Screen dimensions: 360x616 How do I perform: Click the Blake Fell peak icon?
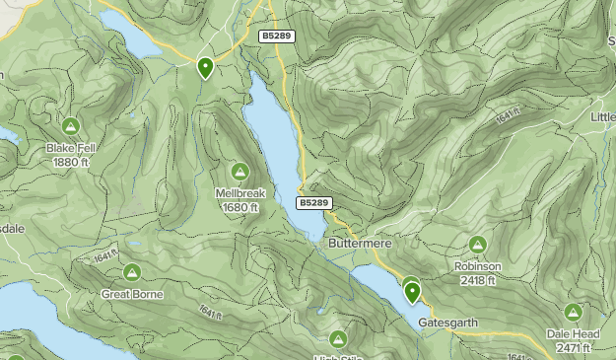(x=71, y=127)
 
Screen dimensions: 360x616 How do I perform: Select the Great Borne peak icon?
(x=131, y=273)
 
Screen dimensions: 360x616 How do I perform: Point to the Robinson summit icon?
(x=478, y=245)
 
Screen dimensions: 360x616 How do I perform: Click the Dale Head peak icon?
(x=574, y=314)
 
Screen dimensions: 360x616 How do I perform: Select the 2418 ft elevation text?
(x=478, y=279)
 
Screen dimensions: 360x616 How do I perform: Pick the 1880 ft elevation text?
(x=71, y=162)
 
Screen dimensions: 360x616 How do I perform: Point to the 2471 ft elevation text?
(x=573, y=348)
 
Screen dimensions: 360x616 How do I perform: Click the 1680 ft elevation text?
(x=240, y=207)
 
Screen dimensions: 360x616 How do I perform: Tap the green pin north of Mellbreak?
(x=205, y=67)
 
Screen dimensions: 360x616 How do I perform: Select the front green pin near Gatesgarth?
(x=412, y=292)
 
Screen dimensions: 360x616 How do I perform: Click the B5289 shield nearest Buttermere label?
(x=312, y=202)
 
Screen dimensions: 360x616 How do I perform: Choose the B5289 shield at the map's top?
(x=275, y=36)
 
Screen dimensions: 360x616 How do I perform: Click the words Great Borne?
(x=131, y=294)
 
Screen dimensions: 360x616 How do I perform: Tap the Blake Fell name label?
(x=71, y=149)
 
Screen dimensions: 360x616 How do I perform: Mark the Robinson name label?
(x=478, y=266)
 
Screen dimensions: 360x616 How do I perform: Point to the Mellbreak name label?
(x=240, y=194)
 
